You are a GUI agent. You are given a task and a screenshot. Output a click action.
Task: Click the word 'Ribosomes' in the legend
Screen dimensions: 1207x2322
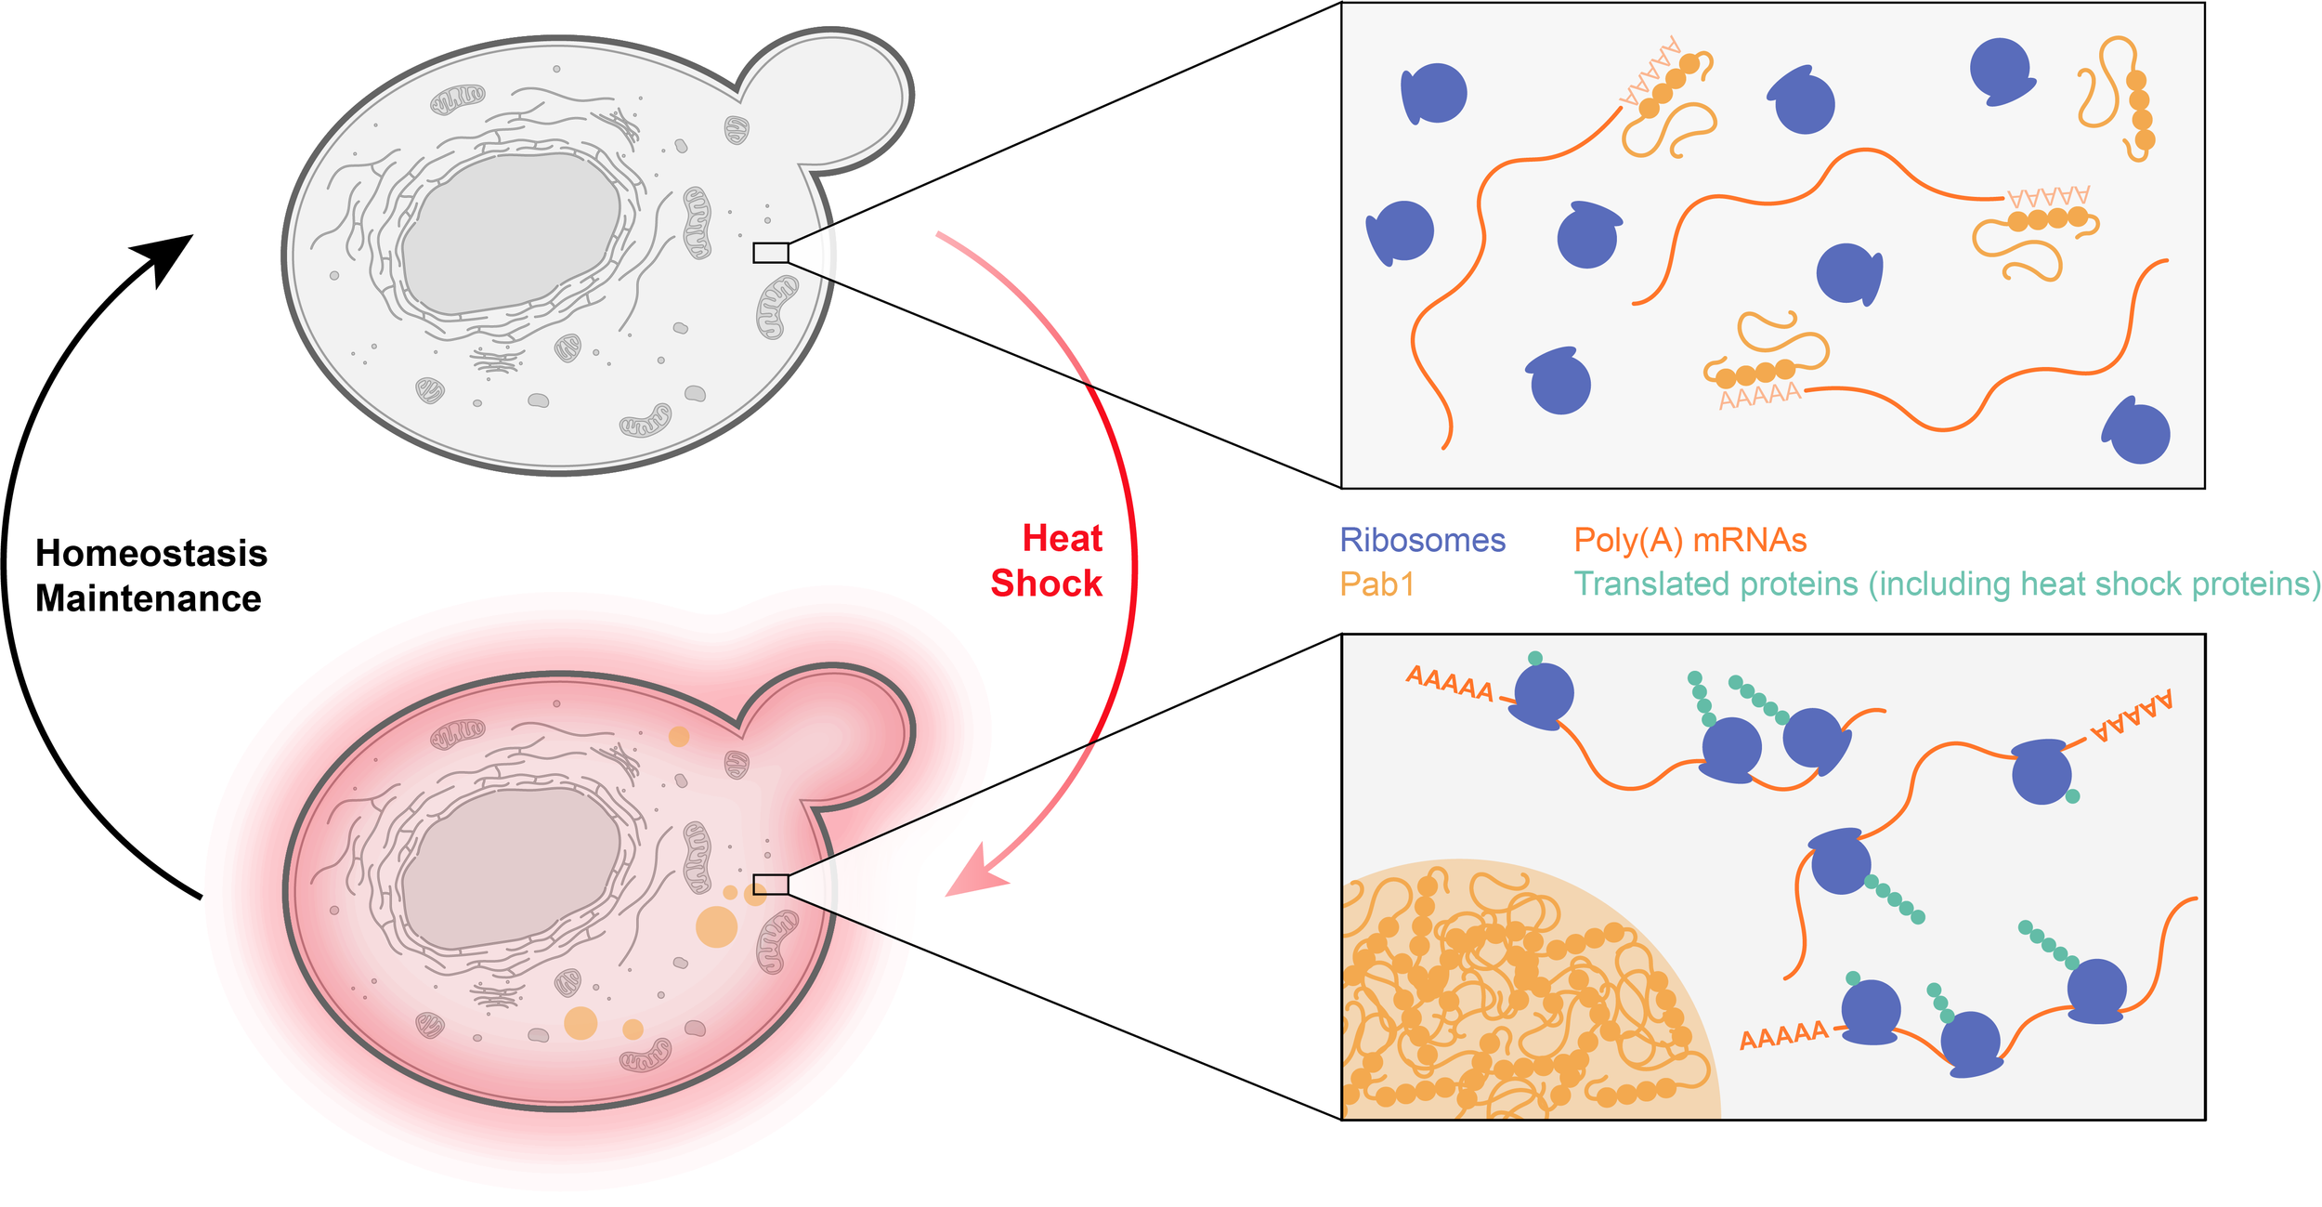pos(1422,541)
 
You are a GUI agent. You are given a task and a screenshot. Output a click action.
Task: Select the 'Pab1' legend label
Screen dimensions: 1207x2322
pos(1376,584)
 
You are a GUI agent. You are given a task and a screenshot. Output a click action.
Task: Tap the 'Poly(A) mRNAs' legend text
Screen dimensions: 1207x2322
pos(1689,541)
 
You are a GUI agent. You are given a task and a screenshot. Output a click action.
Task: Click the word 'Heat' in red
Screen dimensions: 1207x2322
pos(1062,539)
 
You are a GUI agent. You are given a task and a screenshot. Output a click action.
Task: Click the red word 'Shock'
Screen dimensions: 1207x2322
pos(1046,584)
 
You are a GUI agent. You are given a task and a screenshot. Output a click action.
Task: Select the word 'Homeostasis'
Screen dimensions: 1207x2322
pos(151,554)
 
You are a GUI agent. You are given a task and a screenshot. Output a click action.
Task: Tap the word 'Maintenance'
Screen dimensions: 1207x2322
pos(149,599)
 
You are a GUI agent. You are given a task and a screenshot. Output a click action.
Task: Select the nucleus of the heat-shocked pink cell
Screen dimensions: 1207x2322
pos(511,869)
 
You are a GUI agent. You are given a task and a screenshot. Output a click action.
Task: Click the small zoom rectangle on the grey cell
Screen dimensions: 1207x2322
pos(770,253)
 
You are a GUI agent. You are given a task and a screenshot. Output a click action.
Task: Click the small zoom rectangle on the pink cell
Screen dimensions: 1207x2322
pos(770,885)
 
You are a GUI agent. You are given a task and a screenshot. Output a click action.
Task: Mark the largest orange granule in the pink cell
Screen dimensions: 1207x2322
pos(716,926)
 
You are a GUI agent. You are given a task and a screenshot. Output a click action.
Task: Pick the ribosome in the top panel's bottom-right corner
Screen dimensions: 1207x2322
pos(2137,431)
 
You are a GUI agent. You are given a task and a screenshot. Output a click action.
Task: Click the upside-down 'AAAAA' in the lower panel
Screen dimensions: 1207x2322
pos(2131,717)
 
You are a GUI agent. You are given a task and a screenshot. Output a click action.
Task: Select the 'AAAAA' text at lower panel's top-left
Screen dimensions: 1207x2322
pos(1449,685)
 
